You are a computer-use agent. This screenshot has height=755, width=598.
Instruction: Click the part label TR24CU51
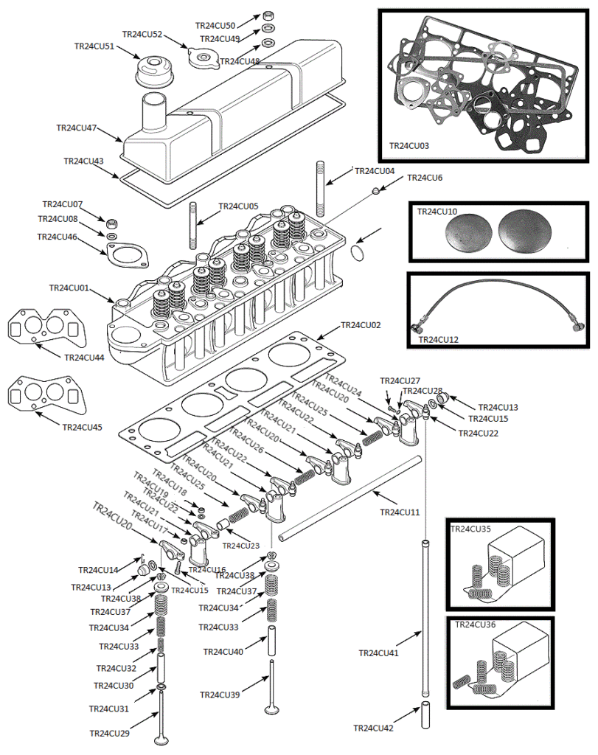(x=94, y=46)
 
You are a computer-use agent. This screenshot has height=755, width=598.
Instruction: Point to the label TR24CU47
(x=76, y=128)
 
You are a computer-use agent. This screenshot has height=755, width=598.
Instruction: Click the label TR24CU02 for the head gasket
(x=361, y=325)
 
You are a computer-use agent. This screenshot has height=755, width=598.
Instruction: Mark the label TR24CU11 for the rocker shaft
(x=400, y=512)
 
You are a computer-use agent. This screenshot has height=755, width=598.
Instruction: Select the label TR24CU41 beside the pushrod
(x=378, y=653)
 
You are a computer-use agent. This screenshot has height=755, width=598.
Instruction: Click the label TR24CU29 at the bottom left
(x=109, y=733)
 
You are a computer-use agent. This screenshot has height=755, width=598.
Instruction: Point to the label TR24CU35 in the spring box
(x=470, y=529)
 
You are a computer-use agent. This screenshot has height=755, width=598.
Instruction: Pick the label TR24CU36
(x=476, y=624)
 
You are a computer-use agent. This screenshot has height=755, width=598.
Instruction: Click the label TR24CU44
(x=84, y=358)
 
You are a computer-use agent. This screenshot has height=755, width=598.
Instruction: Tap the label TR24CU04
(x=375, y=171)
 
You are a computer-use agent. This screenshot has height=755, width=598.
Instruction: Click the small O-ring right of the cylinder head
(x=358, y=253)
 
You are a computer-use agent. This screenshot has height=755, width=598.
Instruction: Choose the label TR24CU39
(x=220, y=695)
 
